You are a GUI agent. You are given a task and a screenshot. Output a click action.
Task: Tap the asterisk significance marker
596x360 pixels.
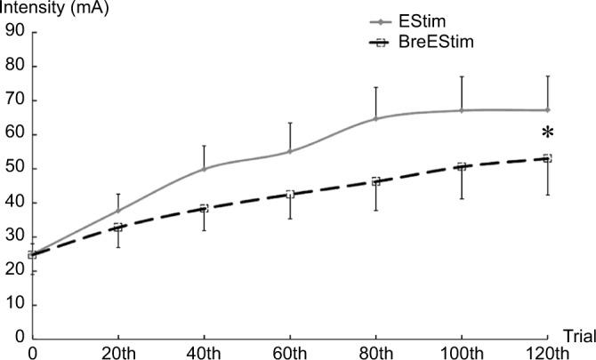[x=548, y=133]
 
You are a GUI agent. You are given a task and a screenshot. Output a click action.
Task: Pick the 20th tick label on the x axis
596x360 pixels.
[x=118, y=352]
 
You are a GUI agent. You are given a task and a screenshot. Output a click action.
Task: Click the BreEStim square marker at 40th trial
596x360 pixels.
[x=204, y=208]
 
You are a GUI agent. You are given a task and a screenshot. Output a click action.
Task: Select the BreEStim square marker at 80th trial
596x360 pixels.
[x=376, y=181]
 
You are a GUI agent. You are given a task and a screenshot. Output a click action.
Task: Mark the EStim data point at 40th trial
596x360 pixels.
[x=204, y=169]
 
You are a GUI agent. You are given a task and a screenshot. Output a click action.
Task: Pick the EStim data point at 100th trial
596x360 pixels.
[x=462, y=110]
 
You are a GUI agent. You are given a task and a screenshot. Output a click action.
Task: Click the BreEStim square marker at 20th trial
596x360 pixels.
[x=118, y=228]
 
